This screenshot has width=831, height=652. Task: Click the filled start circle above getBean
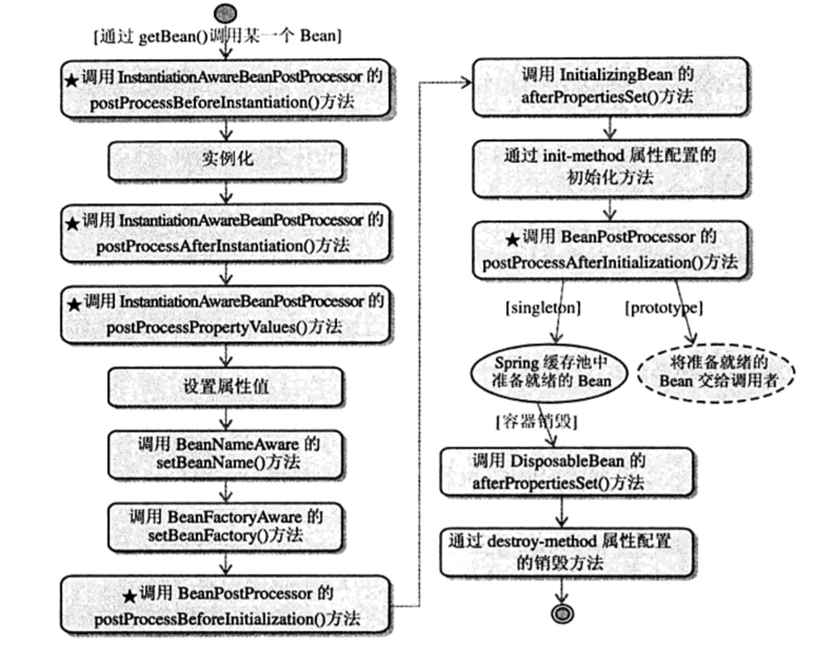point(225,14)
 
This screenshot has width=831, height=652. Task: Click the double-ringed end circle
point(562,614)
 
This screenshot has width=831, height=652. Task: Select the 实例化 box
point(226,161)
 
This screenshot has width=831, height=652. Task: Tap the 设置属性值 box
point(226,387)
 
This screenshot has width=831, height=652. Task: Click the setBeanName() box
point(226,455)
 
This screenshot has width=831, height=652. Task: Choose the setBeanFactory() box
point(226,527)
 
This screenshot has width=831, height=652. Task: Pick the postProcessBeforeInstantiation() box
point(227,89)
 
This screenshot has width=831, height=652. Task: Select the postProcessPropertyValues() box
point(227,314)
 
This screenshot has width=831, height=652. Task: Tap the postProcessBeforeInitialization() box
point(227,606)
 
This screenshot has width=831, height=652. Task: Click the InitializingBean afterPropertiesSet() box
point(610,87)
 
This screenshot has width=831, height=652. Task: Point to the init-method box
point(610,168)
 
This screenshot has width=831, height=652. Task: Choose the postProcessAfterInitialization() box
point(610,250)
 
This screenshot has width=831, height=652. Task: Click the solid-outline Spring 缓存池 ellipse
point(549,373)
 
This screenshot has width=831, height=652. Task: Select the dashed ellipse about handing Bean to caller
point(716,373)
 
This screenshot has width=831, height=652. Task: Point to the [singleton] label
point(543,308)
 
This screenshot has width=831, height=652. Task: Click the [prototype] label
point(664,308)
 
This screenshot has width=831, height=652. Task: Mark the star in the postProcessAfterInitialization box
point(512,240)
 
